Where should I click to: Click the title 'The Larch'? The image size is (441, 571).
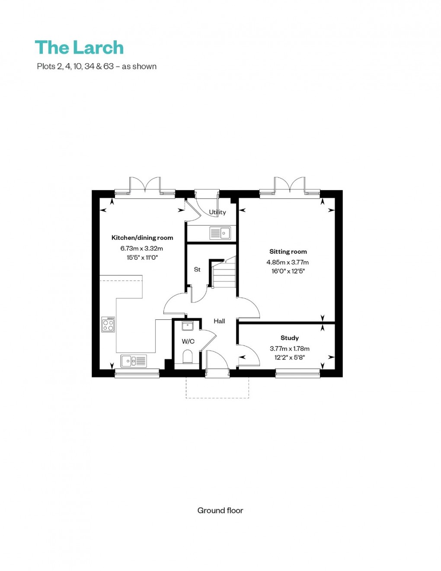point(79,48)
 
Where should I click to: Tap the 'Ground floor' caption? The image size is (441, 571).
point(220,510)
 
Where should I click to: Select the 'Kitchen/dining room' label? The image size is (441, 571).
point(142,238)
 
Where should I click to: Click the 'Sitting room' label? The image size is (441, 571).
point(288,252)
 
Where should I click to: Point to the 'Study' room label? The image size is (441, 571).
point(289,338)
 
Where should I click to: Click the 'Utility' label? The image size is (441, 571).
point(217,212)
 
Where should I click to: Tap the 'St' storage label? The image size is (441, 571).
point(197,270)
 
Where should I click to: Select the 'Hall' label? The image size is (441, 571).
point(219,321)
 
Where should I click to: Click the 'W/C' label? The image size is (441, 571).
point(188,341)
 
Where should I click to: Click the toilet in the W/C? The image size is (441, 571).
point(188,357)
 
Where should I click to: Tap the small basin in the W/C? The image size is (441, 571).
point(187,326)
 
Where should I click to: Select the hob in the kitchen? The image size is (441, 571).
point(108,325)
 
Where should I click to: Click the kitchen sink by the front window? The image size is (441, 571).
point(134,360)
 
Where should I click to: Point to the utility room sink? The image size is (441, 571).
point(220,233)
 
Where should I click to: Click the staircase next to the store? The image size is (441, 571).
point(224,275)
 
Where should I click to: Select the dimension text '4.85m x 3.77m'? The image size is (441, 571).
point(288,262)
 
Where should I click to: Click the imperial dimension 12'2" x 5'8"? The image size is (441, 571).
point(289,357)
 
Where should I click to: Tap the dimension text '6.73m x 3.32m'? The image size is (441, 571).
point(142,249)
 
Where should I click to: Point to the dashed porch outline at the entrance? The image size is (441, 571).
point(217,397)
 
